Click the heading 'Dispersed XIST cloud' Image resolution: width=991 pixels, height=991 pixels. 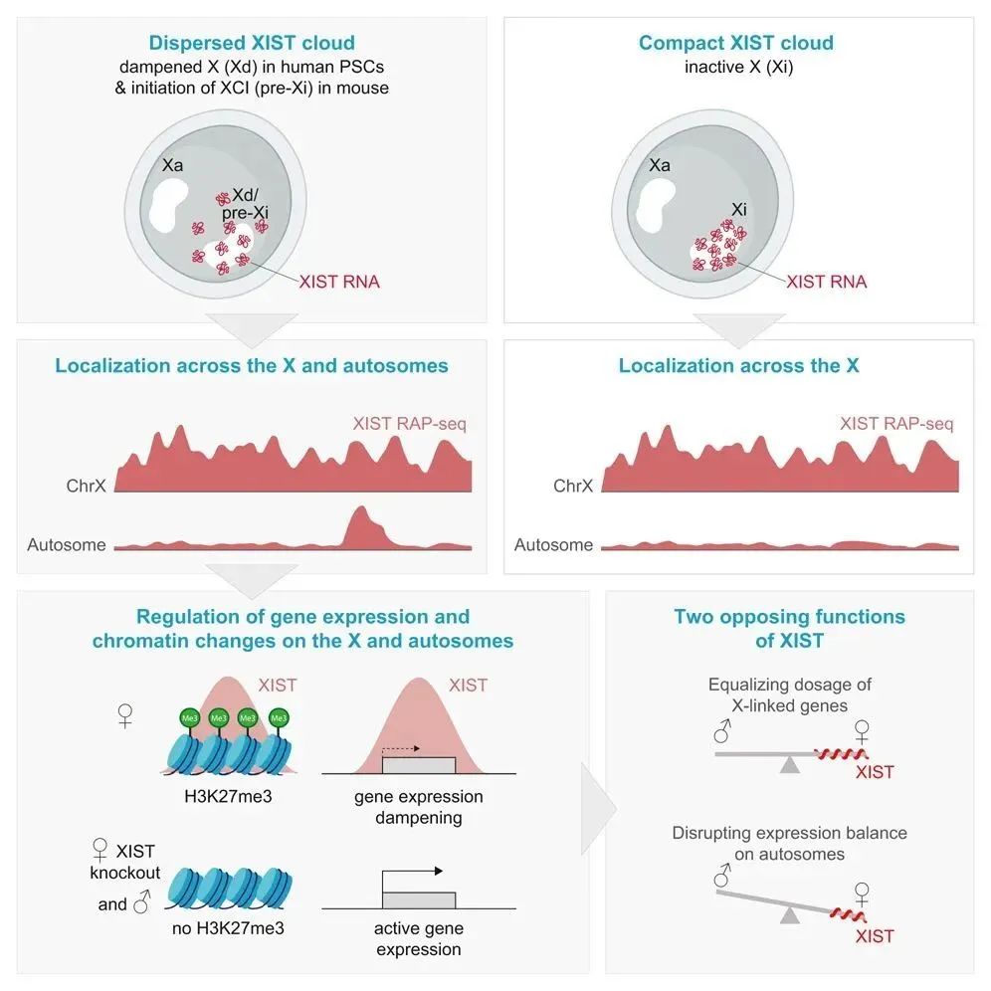point(251,43)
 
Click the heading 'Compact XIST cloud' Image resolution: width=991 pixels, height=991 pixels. point(736,43)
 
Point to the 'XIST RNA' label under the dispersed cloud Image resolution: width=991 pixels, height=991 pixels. point(339,282)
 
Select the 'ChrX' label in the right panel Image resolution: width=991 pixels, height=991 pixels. point(573,487)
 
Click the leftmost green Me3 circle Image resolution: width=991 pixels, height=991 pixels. point(189,717)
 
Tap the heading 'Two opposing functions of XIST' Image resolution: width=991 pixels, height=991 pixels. point(789,628)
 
